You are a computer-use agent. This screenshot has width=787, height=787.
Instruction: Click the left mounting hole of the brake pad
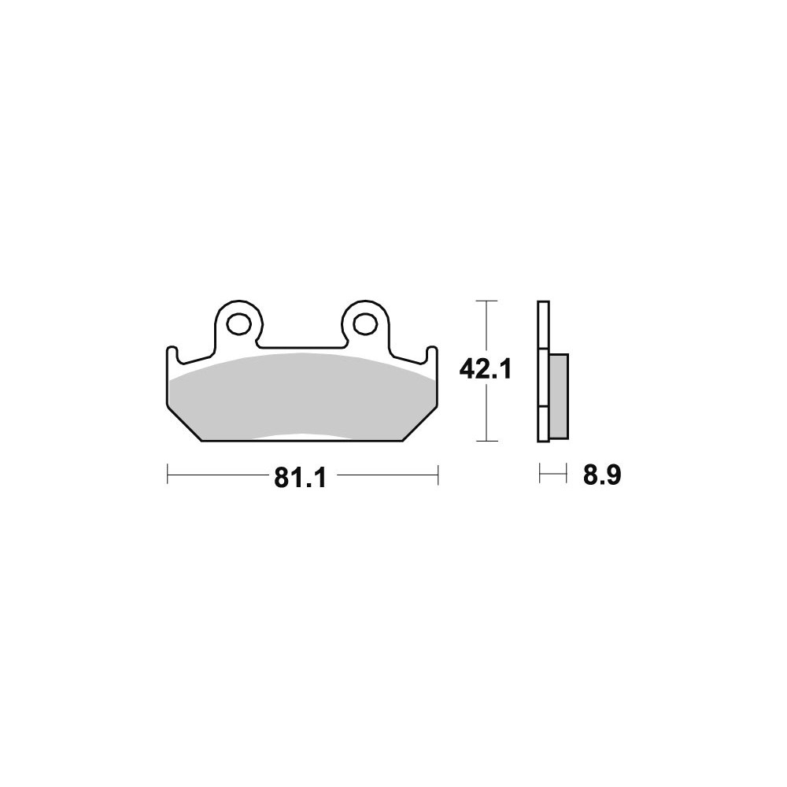[x=238, y=324]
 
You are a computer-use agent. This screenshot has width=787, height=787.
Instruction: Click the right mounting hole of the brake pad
[x=365, y=324]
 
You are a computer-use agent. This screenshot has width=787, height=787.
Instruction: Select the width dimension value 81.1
[x=300, y=478]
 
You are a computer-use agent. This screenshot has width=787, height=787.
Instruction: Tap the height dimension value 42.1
[x=486, y=370]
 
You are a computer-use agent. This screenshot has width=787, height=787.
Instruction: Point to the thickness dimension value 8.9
[x=602, y=475]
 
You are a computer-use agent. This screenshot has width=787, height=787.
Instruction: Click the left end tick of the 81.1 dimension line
[x=167, y=475]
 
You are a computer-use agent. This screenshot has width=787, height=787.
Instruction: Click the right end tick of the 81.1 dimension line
[x=438, y=475]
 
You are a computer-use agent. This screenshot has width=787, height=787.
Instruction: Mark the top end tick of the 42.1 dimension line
[x=486, y=301]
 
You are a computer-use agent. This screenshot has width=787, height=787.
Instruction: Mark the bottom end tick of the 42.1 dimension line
[x=486, y=442]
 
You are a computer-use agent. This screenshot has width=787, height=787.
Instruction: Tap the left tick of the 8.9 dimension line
[x=540, y=473]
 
